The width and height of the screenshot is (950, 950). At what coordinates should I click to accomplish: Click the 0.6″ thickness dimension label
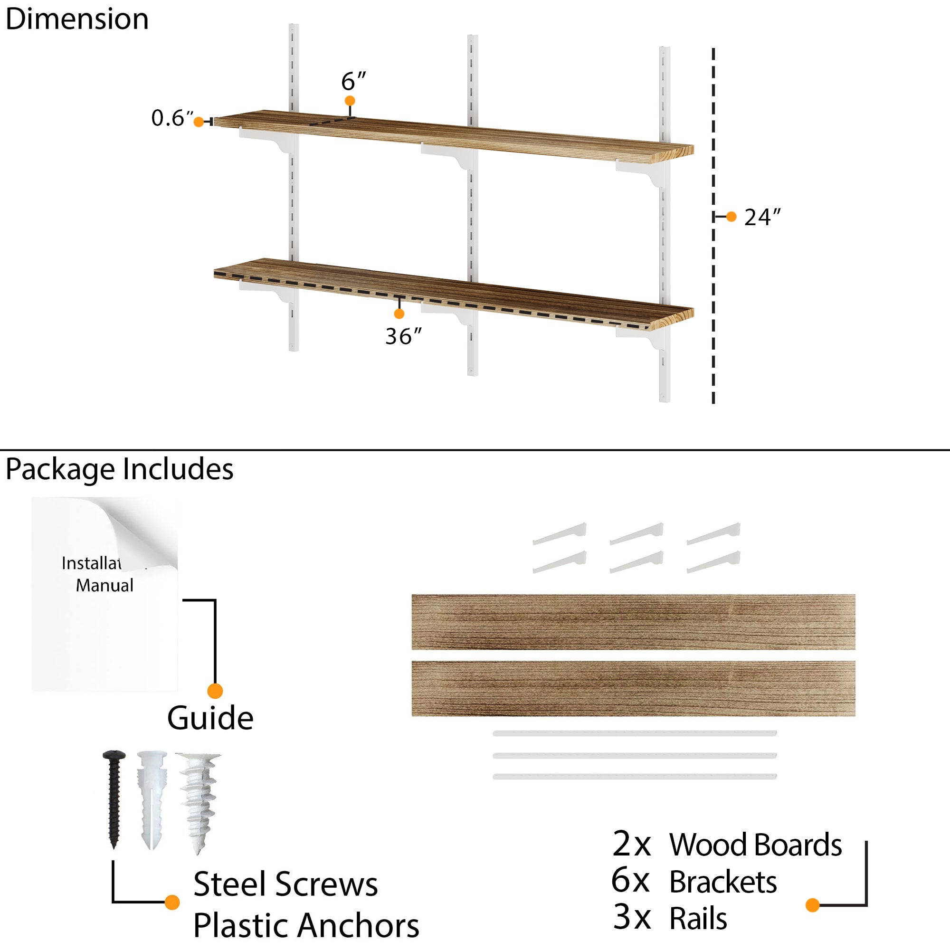click(x=172, y=118)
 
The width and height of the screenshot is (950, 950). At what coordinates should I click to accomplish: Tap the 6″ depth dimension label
click(x=353, y=81)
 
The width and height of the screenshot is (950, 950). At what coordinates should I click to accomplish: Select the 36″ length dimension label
click(x=403, y=336)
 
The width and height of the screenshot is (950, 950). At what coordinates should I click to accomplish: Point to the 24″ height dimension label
click(x=762, y=218)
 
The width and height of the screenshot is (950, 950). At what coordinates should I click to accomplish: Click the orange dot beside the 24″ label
click(x=731, y=216)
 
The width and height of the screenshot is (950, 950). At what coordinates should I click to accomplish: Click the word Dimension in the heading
click(x=77, y=19)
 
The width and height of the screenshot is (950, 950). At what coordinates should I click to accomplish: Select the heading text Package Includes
click(x=120, y=469)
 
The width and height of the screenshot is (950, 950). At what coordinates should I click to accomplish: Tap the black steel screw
click(x=114, y=799)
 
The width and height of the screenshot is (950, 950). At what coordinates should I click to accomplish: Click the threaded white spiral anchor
click(x=199, y=801)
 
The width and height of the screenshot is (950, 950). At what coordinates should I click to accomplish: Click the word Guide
click(x=210, y=718)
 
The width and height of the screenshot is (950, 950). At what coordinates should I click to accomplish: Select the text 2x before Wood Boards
click(x=631, y=844)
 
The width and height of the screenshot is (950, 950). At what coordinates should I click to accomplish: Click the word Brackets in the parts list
click(x=723, y=882)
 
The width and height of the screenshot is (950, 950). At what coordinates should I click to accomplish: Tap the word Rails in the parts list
click(x=698, y=918)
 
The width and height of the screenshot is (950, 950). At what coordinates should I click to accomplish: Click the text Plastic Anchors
click(x=306, y=925)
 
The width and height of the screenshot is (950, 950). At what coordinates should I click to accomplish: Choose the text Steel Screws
click(x=285, y=884)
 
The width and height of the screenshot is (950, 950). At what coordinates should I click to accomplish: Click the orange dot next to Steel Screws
click(x=172, y=902)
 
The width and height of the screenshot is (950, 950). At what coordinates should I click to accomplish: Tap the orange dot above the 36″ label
click(x=399, y=313)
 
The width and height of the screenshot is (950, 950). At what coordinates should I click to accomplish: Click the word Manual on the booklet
click(x=104, y=586)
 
